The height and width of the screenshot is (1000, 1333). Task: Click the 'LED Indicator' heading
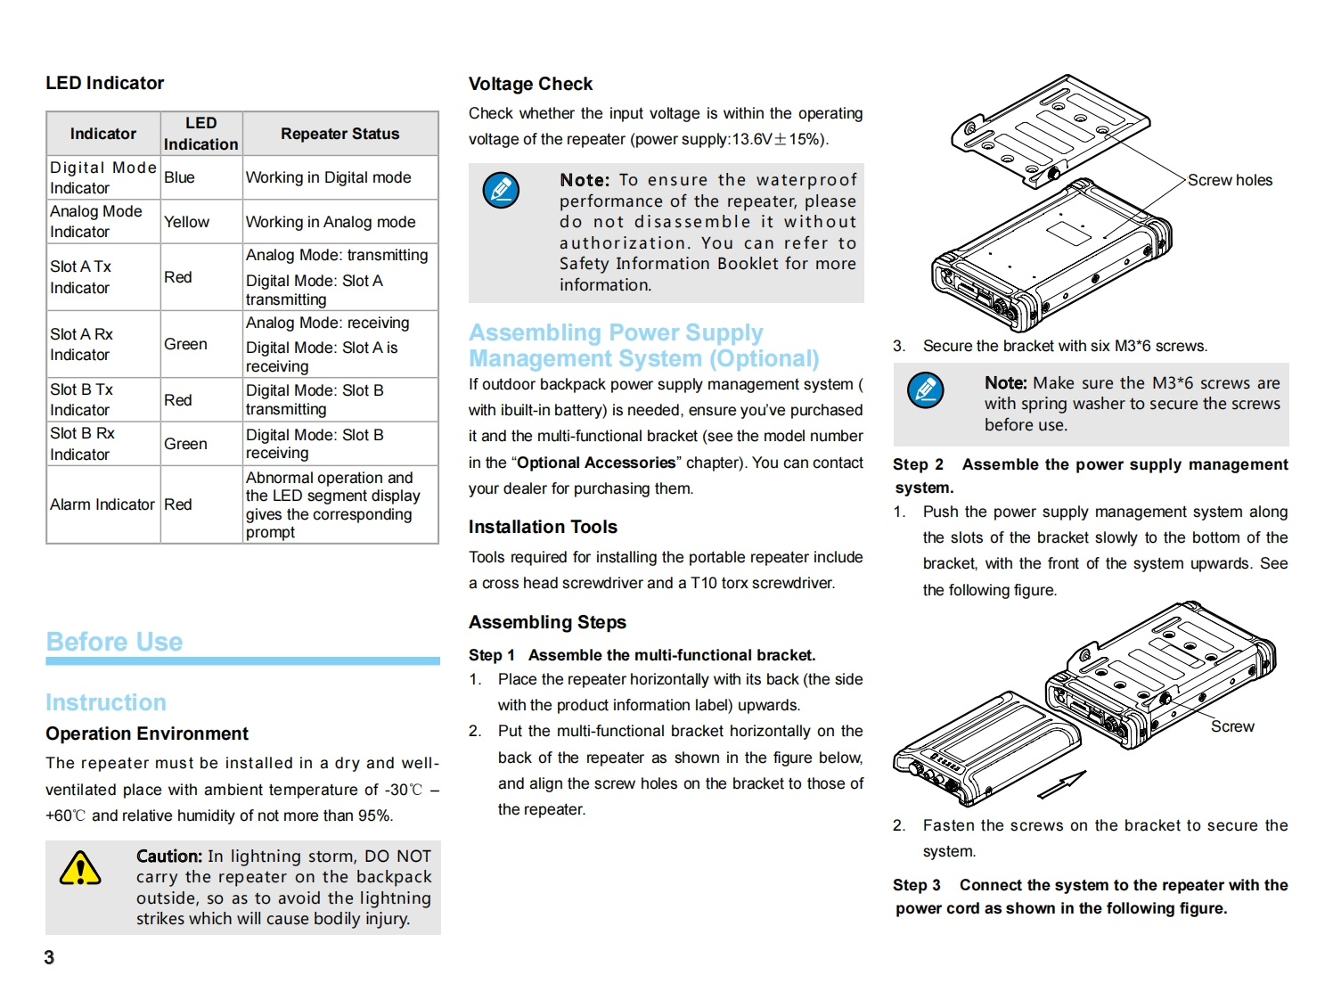(x=105, y=83)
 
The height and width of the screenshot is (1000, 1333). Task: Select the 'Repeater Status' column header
(x=339, y=134)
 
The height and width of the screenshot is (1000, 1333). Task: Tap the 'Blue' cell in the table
(x=179, y=177)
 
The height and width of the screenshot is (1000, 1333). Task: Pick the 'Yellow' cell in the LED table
(x=186, y=222)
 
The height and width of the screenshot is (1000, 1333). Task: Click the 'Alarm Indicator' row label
(x=102, y=504)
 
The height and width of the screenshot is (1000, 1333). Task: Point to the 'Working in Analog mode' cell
(x=331, y=222)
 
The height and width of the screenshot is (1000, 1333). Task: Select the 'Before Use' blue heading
(x=114, y=642)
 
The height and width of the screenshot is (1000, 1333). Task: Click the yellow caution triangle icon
(x=80, y=869)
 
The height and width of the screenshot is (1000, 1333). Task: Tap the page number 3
(x=49, y=957)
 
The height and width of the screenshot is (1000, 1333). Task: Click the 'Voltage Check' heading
(x=530, y=84)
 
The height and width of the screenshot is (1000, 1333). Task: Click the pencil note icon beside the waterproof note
(x=501, y=190)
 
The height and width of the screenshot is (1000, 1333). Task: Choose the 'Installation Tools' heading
(x=543, y=527)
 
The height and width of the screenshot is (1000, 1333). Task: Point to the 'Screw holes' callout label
(x=1230, y=180)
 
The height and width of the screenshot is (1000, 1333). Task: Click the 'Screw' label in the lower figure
(x=1232, y=726)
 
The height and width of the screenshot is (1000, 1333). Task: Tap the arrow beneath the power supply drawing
(x=1061, y=785)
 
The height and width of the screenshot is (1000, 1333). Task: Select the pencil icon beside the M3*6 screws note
(x=926, y=389)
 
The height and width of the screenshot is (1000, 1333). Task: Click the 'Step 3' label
(x=917, y=885)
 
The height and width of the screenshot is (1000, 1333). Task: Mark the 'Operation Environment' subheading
(x=147, y=734)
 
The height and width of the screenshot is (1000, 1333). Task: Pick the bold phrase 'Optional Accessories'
(x=596, y=463)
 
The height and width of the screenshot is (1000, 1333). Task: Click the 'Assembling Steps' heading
(x=547, y=622)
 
